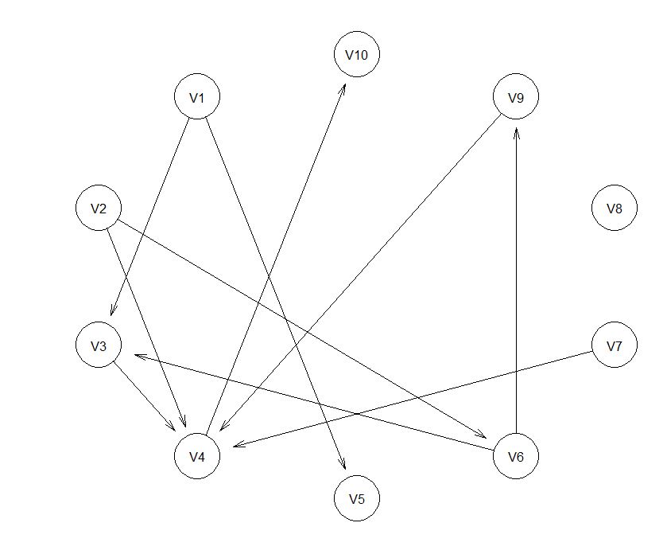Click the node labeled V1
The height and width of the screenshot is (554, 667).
pos(197,98)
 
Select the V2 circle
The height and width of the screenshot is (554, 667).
pos(99,209)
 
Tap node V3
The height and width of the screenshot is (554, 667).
pos(99,346)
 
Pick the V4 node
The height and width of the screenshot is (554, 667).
pos(197,457)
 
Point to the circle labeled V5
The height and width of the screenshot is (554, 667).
pos(357,499)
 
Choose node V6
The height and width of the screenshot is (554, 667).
pos(516,457)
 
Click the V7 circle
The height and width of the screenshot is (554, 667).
pos(615,346)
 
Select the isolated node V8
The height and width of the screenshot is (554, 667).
pos(615,209)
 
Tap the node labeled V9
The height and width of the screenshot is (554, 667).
pos(516,98)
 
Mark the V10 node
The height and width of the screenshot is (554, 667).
pos(357,55)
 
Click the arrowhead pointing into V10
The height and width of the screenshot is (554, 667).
pos(344,84)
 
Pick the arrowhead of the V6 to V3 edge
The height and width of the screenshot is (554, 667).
pos(136,355)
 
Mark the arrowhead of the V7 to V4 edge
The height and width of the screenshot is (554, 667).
pos(235,446)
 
